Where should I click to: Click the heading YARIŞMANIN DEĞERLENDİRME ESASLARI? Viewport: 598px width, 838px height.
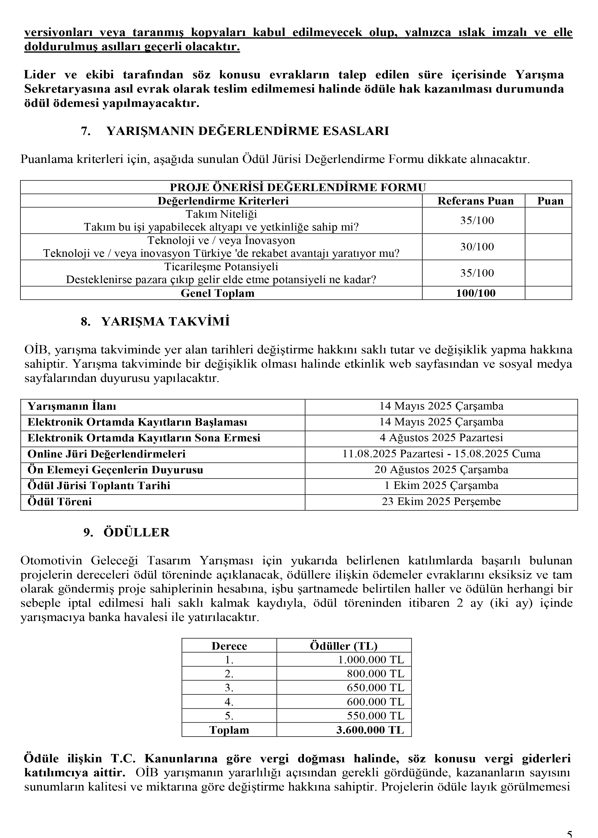[x=247, y=131]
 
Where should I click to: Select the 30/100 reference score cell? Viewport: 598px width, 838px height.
[x=477, y=247]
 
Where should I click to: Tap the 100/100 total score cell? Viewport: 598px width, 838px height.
[x=476, y=293]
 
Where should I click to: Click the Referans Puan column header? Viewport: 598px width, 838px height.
[x=475, y=201]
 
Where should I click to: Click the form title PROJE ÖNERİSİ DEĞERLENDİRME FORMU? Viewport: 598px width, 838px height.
[x=298, y=188]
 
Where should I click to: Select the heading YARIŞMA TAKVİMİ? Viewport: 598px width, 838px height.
[x=165, y=322]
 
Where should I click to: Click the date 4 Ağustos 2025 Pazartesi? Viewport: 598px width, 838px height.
[x=441, y=438]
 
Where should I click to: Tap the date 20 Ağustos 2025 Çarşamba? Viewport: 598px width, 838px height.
[x=441, y=470]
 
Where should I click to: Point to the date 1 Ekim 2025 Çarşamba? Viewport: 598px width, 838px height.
[x=441, y=486]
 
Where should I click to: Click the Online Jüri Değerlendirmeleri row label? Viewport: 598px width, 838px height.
[x=106, y=454]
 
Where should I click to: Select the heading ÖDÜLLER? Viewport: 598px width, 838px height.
[x=137, y=532]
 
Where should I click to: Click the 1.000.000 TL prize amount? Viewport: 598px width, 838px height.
[x=371, y=660]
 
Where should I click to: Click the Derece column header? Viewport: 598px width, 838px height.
[x=229, y=646]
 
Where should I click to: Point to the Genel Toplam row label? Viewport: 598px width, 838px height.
[x=218, y=293]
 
